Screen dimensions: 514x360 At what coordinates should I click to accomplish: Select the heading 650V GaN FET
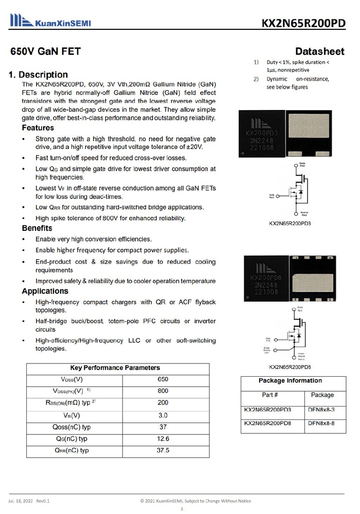[x=46, y=51]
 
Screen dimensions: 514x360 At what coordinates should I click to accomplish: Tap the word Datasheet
[x=320, y=51]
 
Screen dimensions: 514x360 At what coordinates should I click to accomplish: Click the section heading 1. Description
[x=39, y=75]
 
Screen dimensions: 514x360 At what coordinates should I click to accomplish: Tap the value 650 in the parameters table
[x=163, y=379]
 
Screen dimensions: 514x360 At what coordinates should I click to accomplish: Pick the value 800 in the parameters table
[x=163, y=391]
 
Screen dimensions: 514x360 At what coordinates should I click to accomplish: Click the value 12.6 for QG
[x=163, y=438]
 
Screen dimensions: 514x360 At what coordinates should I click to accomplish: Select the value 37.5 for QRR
[x=163, y=450]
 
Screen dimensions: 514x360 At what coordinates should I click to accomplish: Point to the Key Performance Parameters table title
[x=115, y=368]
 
